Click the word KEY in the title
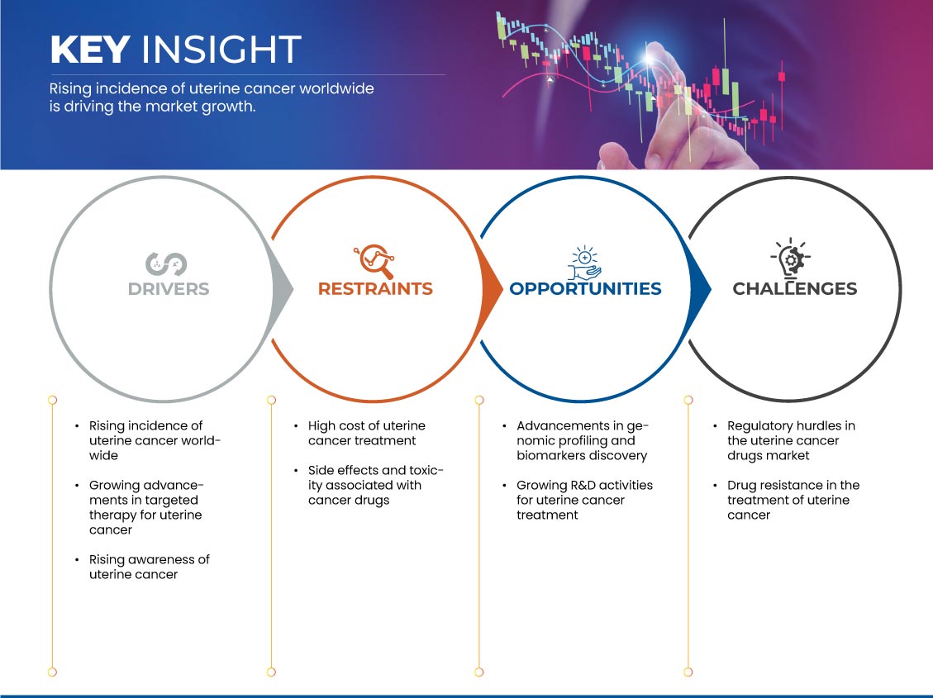90,50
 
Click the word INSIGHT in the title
221,50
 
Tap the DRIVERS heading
169,289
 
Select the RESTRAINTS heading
375,289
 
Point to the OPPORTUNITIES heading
586,289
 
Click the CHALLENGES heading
794,289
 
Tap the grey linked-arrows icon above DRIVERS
166,264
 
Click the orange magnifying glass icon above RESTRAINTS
374,261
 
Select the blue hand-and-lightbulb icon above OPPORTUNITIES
584,262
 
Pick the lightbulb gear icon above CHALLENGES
791,258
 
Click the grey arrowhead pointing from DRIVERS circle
282,290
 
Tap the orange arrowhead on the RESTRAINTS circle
491,290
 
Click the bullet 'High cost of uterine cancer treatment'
367,433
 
